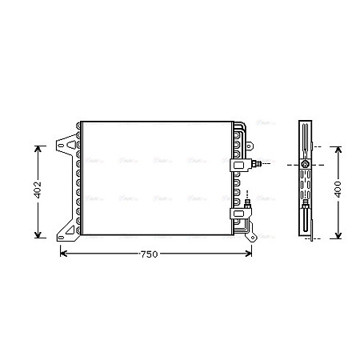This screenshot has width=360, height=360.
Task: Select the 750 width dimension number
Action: coord(149,254)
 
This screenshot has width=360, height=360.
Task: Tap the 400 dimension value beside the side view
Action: coord(338,191)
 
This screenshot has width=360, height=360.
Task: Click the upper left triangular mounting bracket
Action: coord(66,147)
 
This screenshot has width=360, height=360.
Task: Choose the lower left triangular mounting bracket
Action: coord(66,232)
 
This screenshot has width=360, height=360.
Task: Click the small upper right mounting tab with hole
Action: coord(250,149)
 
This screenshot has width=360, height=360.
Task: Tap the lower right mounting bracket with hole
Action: coord(250,236)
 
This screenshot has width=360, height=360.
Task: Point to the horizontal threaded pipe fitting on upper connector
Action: coord(254,165)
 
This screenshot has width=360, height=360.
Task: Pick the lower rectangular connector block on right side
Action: coord(238,214)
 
